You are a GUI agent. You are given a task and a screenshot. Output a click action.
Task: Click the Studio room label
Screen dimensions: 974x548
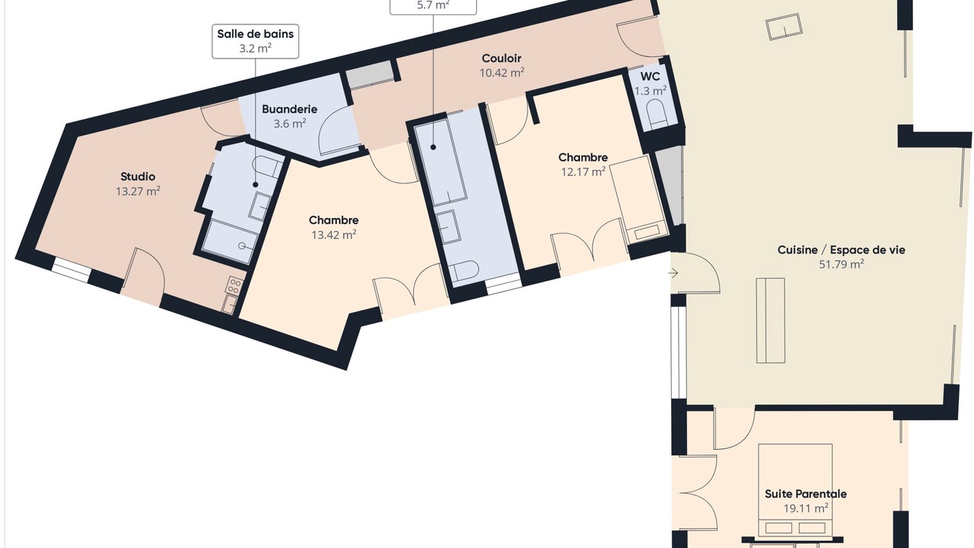(x=138, y=177)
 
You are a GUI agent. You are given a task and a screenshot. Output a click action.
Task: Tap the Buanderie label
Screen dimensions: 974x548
(x=289, y=109)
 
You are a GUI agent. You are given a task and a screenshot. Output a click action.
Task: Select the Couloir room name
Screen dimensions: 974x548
(x=501, y=59)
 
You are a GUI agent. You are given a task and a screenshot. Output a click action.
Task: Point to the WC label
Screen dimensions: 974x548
(x=650, y=77)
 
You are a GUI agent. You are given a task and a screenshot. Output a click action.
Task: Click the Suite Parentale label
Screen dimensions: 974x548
(x=806, y=494)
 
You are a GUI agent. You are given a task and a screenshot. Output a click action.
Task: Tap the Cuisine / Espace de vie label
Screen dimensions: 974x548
(x=842, y=250)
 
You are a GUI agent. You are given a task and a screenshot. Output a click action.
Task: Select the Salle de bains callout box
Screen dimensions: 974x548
(x=255, y=41)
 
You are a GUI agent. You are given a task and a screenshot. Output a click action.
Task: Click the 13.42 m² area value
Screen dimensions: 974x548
(x=334, y=235)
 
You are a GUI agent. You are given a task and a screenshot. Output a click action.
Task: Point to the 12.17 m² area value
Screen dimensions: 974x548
(x=583, y=172)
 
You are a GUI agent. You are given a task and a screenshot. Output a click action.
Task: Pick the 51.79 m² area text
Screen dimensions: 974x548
(x=842, y=264)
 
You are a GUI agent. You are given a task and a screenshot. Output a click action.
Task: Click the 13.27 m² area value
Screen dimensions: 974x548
(x=138, y=191)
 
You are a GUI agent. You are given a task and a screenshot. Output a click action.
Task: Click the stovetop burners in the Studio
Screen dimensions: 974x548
(x=234, y=285)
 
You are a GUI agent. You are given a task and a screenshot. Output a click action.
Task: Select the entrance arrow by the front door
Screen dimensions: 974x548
(x=673, y=273)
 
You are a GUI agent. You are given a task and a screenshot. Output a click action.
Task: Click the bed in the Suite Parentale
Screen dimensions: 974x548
(x=795, y=490)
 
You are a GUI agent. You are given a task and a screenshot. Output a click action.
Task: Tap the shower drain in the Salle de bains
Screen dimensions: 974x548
(x=242, y=246)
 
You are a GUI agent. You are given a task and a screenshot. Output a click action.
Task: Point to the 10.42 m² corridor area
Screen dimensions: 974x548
(x=501, y=72)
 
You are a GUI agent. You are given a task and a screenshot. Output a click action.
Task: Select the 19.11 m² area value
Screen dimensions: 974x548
(x=806, y=508)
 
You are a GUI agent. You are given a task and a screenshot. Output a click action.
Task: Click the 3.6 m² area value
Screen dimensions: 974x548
(x=290, y=123)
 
